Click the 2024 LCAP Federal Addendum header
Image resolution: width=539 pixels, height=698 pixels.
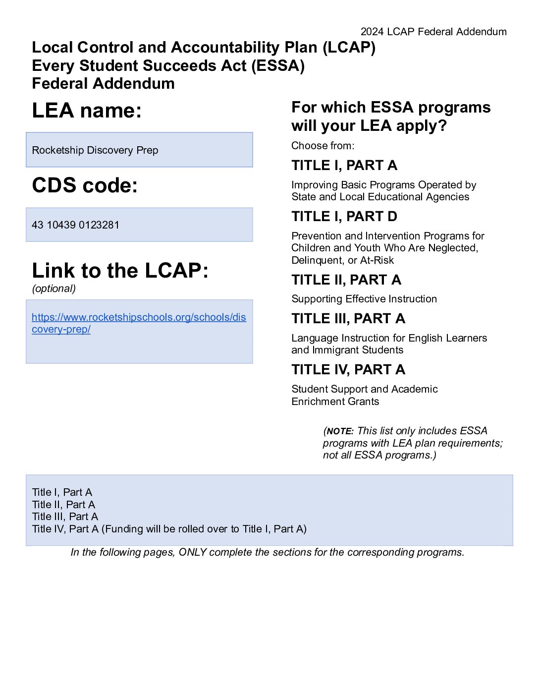click(433, 32)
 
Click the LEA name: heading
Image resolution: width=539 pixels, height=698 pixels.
click(87, 111)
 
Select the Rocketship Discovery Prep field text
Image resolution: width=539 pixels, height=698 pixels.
click(95, 150)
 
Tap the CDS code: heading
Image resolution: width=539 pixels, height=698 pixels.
click(85, 185)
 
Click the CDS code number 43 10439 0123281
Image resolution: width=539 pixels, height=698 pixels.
click(75, 225)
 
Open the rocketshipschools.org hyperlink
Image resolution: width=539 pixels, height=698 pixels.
click(139, 317)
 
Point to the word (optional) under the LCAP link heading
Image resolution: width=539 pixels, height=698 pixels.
click(54, 289)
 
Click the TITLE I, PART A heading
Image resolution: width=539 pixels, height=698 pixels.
click(344, 166)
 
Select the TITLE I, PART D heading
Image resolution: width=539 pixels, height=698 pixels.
click(344, 217)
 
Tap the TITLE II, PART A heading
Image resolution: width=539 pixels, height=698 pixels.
click(346, 280)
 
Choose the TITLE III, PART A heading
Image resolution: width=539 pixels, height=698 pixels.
click(348, 319)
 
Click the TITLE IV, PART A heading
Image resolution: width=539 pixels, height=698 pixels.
click(348, 370)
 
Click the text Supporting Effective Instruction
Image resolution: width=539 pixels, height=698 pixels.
click(364, 299)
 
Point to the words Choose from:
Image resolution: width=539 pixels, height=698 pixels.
click(323, 146)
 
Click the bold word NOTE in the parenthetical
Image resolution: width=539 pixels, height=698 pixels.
click(340, 431)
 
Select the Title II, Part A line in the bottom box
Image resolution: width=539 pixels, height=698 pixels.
click(63, 505)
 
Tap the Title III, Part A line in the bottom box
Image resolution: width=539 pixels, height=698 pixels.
click(65, 517)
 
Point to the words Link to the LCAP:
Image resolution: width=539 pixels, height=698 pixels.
click(120, 271)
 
